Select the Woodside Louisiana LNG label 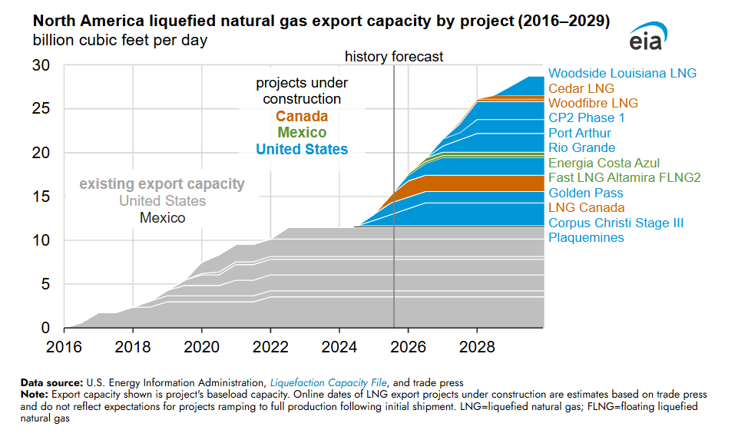click(x=622, y=74)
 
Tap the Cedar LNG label click(x=581, y=89)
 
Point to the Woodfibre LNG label click(x=593, y=104)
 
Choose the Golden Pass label click(x=586, y=193)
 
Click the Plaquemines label click(x=586, y=238)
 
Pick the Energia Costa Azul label click(x=604, y=164)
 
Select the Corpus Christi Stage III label click(x=616, y=223)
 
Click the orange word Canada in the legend click(x=302, y=117)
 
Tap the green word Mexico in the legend click(x=302, y=133)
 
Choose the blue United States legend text click(x=302, y=149)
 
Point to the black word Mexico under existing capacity click(x=162, y=218)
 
